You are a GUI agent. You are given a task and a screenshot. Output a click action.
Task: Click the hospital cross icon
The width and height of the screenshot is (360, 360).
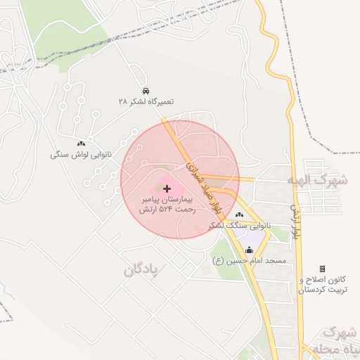pos(167,188)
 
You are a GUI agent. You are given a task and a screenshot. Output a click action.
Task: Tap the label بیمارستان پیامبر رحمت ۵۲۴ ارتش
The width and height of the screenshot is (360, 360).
pos(166,205)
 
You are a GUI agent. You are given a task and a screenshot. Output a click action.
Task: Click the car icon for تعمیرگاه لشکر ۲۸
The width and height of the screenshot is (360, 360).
pos(146,91)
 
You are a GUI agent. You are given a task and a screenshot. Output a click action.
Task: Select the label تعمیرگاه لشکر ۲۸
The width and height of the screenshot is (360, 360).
pos(146,102)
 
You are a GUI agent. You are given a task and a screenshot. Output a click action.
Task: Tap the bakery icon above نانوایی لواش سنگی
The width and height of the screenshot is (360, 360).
pos(81,143)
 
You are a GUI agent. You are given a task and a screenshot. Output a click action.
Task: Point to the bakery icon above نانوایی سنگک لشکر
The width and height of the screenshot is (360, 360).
pos(240,214)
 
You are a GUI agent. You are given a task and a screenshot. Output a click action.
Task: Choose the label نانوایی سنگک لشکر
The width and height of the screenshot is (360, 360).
pos(238,226)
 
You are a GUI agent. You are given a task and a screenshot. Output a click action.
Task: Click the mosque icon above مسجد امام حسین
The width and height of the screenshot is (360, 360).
pos(250,250)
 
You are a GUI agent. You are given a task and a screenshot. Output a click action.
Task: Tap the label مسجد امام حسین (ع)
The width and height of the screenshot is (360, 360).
pos(249,261)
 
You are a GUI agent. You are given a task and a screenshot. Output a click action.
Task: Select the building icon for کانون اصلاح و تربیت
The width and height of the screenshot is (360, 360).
pos(322,269)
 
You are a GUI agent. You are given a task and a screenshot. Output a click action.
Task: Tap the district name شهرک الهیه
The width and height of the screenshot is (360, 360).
pos(317,180)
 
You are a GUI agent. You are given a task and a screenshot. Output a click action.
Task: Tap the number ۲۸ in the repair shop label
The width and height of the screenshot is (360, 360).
pos(123,102)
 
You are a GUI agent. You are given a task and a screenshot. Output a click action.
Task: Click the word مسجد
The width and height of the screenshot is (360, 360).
pos(276,261)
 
